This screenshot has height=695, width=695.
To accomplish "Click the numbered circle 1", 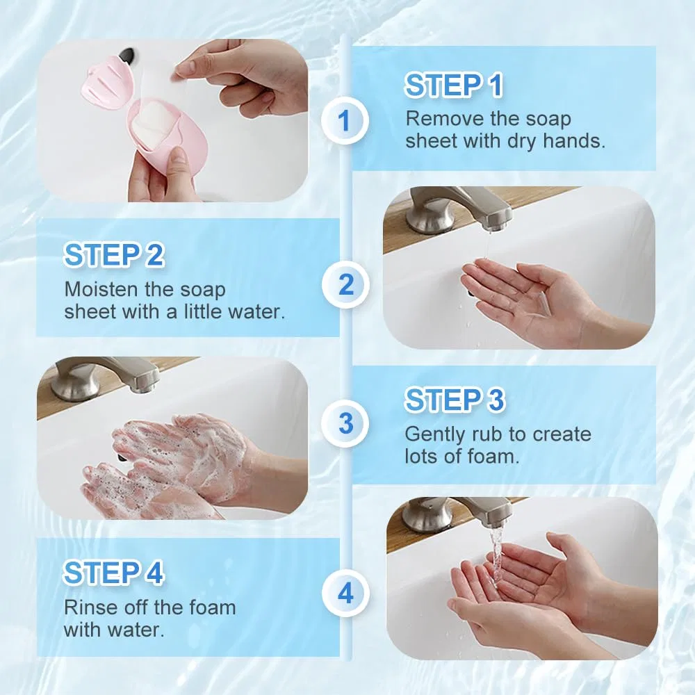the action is pyautogui.click(x=345, y=120).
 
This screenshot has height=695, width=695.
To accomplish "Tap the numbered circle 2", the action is pyautogui.click(x=345, y=284).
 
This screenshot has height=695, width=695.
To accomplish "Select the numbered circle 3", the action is pyautogui.click(x=345, y=423).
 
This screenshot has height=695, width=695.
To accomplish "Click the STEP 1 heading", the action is pyautogui.click(x=454, y=85).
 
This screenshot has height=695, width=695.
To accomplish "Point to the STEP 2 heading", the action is pyautogui.click(x=114, y=255).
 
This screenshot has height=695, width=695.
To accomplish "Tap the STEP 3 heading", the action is pyautogui.click(x=455, y=400).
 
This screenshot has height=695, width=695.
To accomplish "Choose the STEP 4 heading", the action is pyautogui.click(x=113, y=573).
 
